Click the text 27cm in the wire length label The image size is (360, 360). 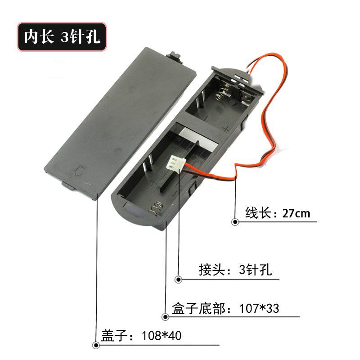[296, 213]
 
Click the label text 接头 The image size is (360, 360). [212, 270]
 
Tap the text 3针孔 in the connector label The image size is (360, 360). [256, 270]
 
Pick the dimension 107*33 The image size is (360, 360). [259, 309]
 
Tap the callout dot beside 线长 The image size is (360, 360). [235, 222]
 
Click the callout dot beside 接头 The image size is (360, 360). [178, 279]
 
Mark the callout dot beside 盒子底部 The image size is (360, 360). [166, 317]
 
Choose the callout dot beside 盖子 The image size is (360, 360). [96, 345]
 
